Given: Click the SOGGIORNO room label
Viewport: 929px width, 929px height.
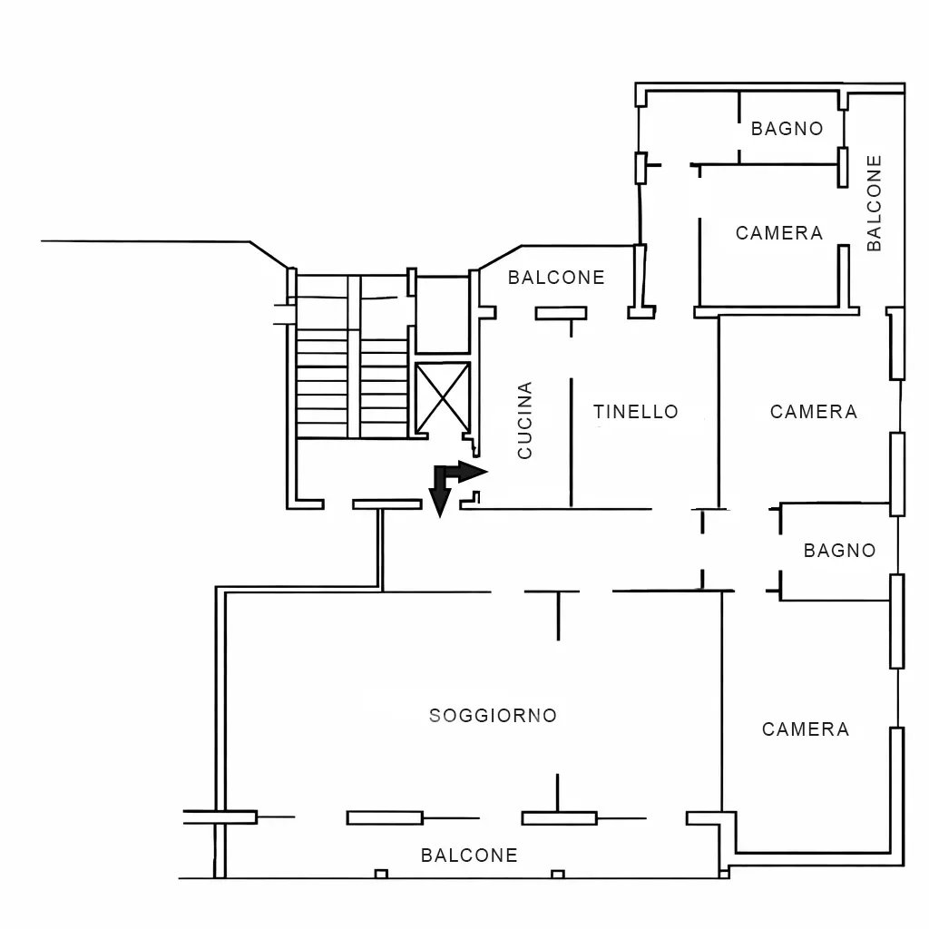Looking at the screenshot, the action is coord(493,716).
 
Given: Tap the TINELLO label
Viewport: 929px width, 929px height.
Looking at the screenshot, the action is coord(636,412).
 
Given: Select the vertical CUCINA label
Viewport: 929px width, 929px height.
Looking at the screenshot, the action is coord(525,420).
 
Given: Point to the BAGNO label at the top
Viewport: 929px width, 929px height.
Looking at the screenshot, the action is coord(787,129).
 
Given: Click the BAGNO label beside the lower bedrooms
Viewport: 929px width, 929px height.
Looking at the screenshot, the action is coord(839,551).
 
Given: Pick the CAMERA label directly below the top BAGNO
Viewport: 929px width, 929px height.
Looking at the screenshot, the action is coord(779,233).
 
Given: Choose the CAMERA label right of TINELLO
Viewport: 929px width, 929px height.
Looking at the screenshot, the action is coord(814,412).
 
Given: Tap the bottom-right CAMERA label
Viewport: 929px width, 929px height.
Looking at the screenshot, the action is coord(806,729).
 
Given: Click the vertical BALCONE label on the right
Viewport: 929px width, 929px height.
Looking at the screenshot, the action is coord(875,203).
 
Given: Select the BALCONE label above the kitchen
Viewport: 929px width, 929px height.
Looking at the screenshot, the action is coord(556,278).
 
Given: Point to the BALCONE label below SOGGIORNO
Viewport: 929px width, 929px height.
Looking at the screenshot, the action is coord(469,855).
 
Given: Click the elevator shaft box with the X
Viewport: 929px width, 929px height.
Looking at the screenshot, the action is coord(443,398).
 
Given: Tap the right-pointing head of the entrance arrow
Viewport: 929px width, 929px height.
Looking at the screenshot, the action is coord(474,472).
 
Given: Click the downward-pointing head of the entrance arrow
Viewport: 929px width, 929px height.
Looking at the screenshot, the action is coord(440,504).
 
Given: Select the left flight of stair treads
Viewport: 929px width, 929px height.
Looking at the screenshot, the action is coord(322,384).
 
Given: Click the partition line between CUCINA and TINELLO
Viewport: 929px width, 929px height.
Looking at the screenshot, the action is coord(572,443).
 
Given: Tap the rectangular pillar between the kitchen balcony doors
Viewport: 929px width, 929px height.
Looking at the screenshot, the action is coord(561,313).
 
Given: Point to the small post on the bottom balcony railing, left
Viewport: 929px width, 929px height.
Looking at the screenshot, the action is coord(382,874).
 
